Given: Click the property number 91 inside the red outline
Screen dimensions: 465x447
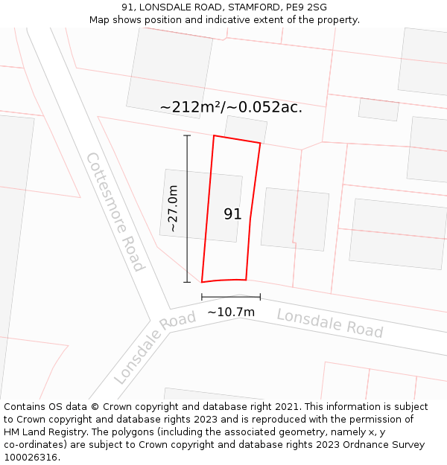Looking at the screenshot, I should tap(232, 214).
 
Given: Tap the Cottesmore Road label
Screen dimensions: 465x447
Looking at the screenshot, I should tap(115, 212).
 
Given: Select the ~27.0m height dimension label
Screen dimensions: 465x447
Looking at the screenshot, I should tap(173, 208).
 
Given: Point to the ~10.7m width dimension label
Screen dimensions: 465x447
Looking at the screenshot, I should tap(231, 312).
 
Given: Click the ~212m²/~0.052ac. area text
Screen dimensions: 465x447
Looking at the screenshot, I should tap(231, 107).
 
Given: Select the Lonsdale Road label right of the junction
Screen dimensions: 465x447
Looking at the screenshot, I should tap(329, 323).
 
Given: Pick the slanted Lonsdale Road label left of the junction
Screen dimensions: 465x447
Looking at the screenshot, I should tap(155, 347).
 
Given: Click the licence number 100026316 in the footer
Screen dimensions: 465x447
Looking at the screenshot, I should tap(31, 457).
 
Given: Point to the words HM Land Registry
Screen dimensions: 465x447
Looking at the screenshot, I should tap(43, 432).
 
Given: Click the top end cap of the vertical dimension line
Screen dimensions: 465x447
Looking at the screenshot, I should tap(187, 135).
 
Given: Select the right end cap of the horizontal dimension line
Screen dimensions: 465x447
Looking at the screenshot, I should tap(260, 297).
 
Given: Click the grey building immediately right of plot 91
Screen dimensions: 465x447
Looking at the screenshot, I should tap(295, 218).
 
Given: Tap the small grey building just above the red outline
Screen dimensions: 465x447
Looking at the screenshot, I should tap(245, 127).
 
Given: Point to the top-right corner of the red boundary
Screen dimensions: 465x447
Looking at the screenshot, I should tap(260, 143).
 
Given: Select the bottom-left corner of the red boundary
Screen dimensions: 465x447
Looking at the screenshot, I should tap(202, 282).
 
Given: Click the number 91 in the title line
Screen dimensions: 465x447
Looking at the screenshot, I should tap(127, 7).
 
